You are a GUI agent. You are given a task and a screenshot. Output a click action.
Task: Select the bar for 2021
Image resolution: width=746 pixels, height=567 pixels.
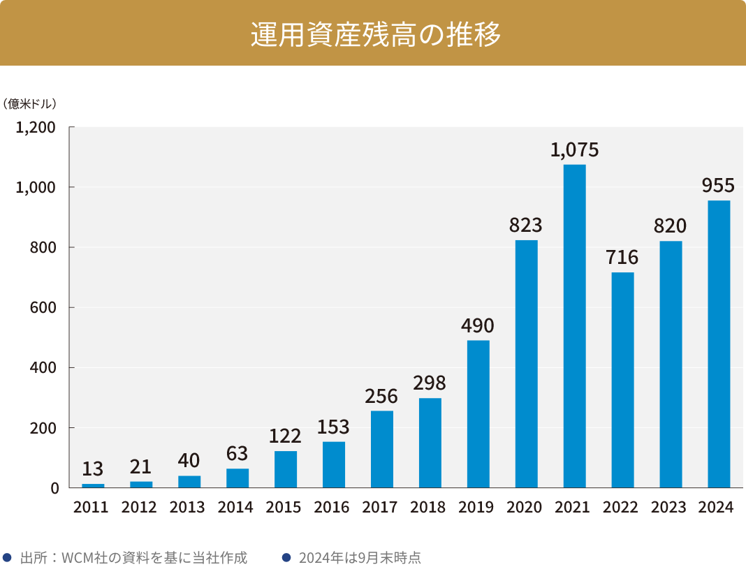tap(574, 325)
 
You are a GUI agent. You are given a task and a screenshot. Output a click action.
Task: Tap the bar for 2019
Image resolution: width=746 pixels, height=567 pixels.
tap(478, 413)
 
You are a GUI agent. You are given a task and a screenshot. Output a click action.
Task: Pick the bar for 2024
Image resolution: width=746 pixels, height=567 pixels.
tap(719, 344)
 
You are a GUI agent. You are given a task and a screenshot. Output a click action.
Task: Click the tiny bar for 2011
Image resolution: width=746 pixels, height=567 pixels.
tap(93, 485)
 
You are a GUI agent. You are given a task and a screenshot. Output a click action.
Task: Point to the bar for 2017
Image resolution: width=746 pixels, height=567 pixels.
tap(381, 449)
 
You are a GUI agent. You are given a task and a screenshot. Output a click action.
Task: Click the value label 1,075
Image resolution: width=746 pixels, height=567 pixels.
tap(574, 150)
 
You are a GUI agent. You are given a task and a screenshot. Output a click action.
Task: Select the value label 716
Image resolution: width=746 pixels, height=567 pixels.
tap(622, 258)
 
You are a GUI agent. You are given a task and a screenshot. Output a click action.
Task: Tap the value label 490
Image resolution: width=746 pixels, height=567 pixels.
tap(478, 325)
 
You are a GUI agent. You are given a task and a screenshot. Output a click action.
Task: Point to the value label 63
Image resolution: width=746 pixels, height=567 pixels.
tap(237, 454)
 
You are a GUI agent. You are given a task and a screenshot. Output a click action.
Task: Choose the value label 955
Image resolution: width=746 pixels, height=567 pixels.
tap(719, 186)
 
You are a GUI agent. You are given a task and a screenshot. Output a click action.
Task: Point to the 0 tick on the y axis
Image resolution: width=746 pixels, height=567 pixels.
tap(54, 488)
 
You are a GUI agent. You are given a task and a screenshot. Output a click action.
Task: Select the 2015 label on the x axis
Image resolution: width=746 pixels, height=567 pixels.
tap(285, 508)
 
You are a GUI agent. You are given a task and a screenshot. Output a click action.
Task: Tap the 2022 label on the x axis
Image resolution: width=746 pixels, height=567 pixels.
tap(622, 508)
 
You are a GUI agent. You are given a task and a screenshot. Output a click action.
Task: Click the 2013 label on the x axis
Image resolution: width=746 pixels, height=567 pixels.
tap(189, 508)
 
